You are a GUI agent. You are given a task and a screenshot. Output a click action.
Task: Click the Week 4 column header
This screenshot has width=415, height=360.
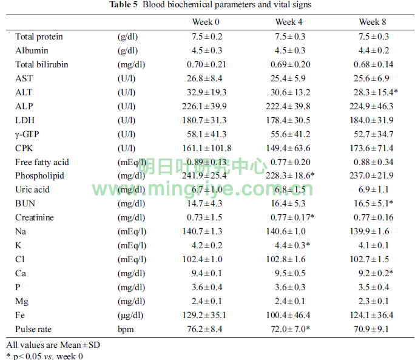[x=285, y=22]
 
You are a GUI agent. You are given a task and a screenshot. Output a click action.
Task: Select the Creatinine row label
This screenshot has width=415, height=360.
[x=34, y=217]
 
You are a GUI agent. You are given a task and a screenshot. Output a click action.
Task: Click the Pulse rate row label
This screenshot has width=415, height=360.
[x=34, y=329]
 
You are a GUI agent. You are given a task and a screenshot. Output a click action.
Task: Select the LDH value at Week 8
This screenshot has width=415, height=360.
[x=371, y=120]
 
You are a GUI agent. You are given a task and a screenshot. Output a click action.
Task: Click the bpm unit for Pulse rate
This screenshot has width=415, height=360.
[x=125, y=329]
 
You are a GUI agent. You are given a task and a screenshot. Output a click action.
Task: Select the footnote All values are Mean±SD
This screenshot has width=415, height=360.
[x=53, y=345]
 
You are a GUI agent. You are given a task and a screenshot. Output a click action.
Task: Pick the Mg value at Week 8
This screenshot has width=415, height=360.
[x=371, y=301]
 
